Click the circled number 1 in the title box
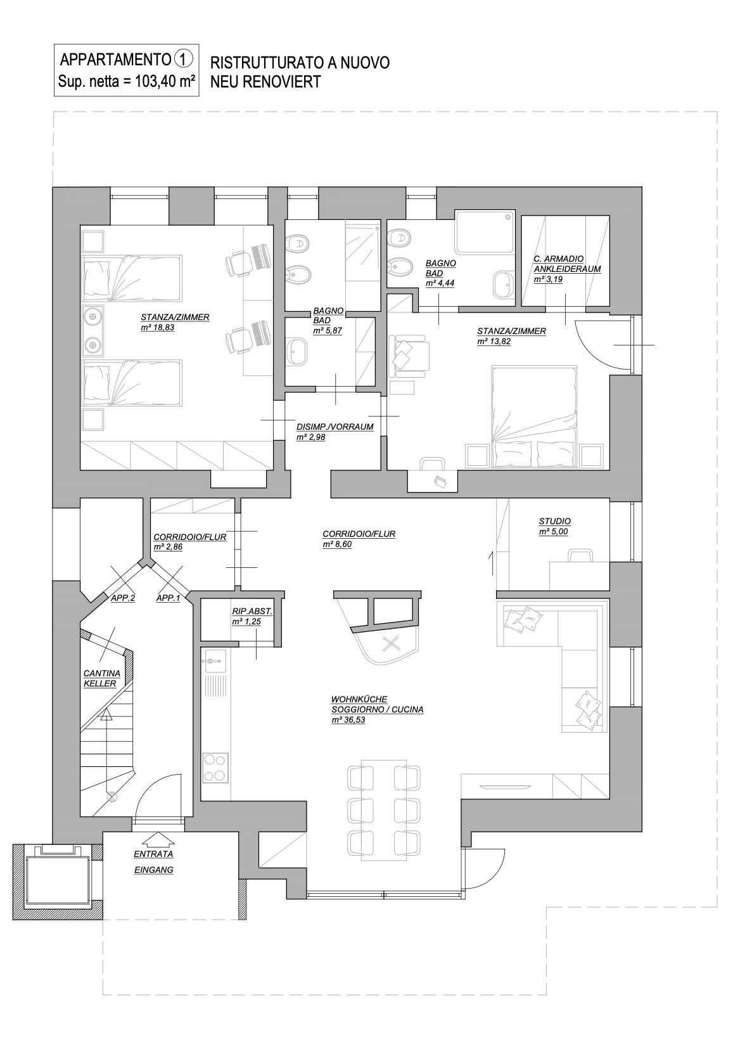(182, 60)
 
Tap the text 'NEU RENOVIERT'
(265, 82)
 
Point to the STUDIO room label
(554, 521)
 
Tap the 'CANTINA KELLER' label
(99, 678)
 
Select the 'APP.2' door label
(123, 598)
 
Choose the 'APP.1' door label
(169, 598)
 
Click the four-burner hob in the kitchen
(215, 768)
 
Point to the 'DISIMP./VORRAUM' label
(335, 427)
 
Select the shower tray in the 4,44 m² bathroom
(485, 232)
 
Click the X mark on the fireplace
(392, 643)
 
